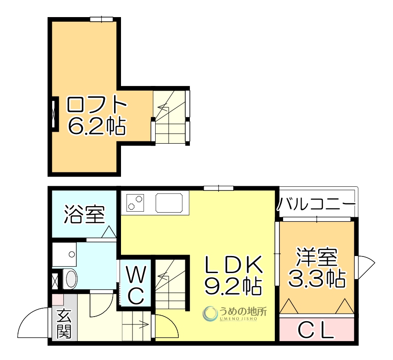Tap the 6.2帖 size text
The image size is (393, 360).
click(x=97, y=125)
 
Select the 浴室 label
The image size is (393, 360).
click(x=85, y=214)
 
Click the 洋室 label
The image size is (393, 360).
click(x=317, y=256)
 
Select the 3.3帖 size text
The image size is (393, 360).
click(x=317, y=278)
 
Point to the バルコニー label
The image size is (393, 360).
click(x=317, y=204)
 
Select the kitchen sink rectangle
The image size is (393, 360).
click(x=172, y=202)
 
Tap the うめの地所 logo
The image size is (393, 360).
click(x=235, y=314)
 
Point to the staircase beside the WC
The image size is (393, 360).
click(x=170, y=283)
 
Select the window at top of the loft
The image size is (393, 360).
click(x=102, y=19)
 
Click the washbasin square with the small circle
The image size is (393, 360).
click(x=64, y=254)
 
